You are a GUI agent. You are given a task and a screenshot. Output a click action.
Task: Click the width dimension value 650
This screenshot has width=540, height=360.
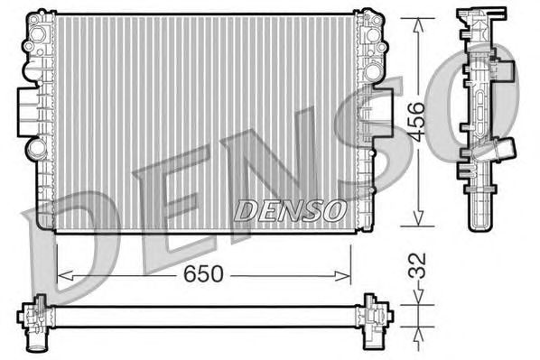click(x=204, y=273)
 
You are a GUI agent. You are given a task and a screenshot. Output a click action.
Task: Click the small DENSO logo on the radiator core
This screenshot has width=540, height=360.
click(x=290, y=209)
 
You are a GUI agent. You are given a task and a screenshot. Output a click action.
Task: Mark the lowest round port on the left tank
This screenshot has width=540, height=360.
click(x=35, y=146)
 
